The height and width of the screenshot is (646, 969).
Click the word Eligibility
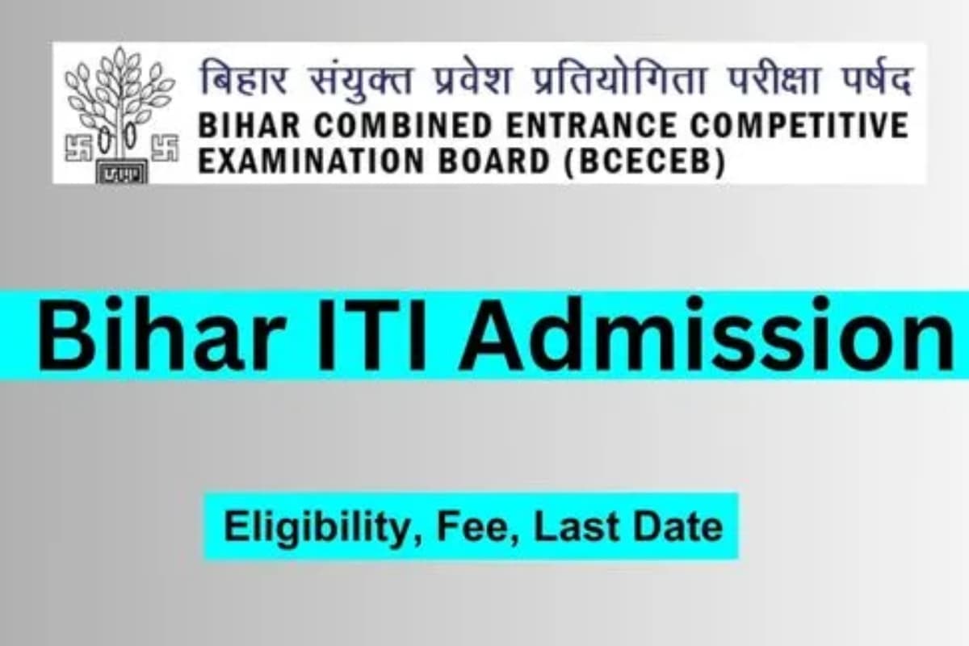tap(322, 527)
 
